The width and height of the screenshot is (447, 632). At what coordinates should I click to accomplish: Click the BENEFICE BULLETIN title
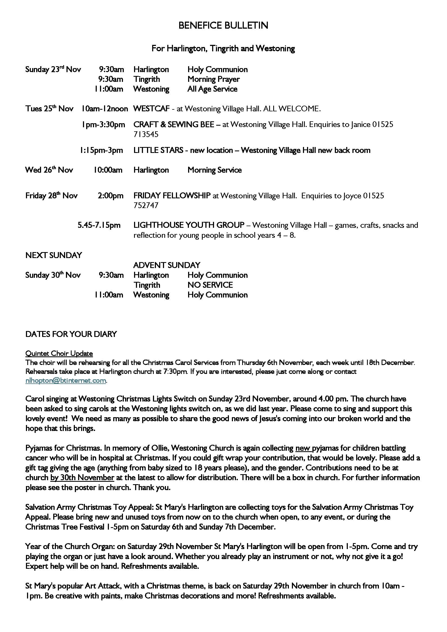[x=223, y=26]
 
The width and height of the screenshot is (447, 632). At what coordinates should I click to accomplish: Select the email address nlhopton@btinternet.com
[x=66, y=381]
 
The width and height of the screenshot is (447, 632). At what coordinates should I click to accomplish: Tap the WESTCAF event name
[x=151, y=109]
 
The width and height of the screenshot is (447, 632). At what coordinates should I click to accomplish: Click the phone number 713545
[x=146, y=134]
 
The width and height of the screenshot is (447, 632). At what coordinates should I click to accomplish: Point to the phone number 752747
[x=146, y=205]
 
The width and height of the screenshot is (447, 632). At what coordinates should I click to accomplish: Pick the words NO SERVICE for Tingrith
[x=210, y=285]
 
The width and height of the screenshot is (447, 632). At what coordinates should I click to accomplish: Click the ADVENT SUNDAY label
[x=167, y=265]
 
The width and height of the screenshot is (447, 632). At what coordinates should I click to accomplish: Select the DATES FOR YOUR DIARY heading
[x=71, y=334]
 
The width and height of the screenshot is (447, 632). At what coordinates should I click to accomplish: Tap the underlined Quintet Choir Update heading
[x=59, y=353]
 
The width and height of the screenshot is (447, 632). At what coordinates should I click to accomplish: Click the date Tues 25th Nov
[x=49, y=109]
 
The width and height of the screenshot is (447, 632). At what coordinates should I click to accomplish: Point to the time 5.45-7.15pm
[x=99, y=225]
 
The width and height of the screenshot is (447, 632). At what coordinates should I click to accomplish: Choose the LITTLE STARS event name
[x=158, y=150]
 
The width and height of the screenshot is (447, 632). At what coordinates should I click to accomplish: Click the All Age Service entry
[x=212, y=89]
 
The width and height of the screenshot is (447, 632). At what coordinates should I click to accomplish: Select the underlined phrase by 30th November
[x=82, y=477]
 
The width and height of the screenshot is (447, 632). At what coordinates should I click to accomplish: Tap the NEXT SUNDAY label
[x=54, y=255]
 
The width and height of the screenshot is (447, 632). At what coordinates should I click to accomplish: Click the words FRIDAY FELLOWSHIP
[x=172, y=196]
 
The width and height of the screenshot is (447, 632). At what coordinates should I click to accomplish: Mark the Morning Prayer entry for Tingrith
[x=214, y=79]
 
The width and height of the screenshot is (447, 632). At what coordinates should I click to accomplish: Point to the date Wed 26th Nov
[x=49, y=170]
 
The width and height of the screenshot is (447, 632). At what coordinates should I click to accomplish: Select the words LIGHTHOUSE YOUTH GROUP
[x=189, y=225]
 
